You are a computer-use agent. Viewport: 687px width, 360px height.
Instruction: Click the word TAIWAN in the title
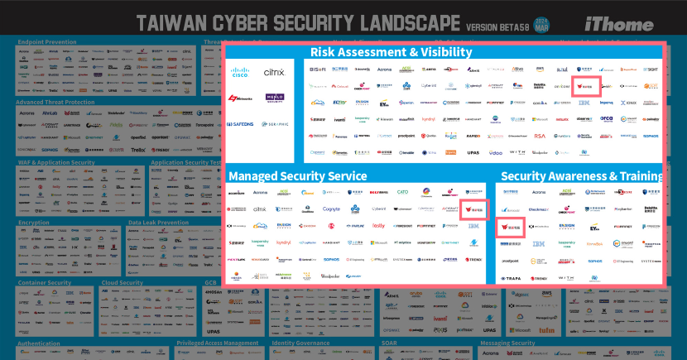pos(171,22)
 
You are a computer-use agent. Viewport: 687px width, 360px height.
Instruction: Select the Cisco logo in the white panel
pos(241,73)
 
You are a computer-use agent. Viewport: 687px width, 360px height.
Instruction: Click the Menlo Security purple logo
pos(274,98)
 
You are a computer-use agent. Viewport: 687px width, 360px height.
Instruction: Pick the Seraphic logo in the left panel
pos(275,124)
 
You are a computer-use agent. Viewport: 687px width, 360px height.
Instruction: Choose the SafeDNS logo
pos(242,124)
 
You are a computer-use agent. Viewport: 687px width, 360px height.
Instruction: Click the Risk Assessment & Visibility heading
pos(392,52)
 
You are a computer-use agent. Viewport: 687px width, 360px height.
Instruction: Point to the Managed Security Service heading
pos(297,175)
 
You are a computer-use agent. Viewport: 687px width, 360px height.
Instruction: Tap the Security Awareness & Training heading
pos(582,175)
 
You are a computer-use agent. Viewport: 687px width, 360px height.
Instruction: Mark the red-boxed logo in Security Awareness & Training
pos(511,228)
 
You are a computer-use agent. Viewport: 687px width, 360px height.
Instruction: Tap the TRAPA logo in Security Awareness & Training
pos(512,278)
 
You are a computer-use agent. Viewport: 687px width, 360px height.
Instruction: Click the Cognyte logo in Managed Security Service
pos(332,209)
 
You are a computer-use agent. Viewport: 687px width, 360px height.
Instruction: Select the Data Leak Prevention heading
pos(158,222)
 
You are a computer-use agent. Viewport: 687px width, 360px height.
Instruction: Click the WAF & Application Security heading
pos(56,162)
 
